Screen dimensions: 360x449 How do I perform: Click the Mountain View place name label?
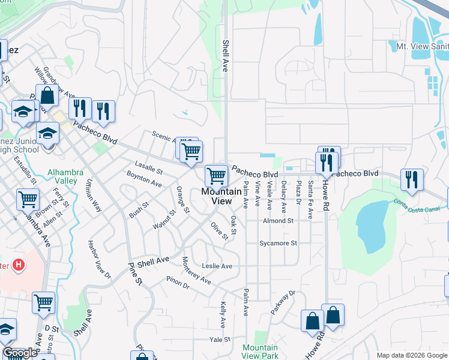click(x=216, y=196)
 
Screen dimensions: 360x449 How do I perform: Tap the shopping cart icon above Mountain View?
click(x=216, y=176)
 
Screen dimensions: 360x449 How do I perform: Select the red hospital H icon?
click(x=19, y=264)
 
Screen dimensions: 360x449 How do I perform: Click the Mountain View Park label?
click(x=260, y=352)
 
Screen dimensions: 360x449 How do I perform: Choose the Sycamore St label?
click(x=278, y=244)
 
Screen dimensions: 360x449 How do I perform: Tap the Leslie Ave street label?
click(x=217, y=266)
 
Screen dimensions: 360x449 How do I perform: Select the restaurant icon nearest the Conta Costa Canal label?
click(x=412, y=179)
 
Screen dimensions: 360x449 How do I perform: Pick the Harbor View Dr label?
click(x=100, y=260)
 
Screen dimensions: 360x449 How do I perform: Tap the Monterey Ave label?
click(x=197, y=271)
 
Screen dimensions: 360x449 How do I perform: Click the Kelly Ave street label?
click(x=223, y=314)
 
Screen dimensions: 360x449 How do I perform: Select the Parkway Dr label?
click(x=283, y=303)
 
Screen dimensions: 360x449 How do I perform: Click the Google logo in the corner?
click(x=20, y=353)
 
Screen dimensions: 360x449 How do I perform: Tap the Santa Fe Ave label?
click(x=310, y=200)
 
